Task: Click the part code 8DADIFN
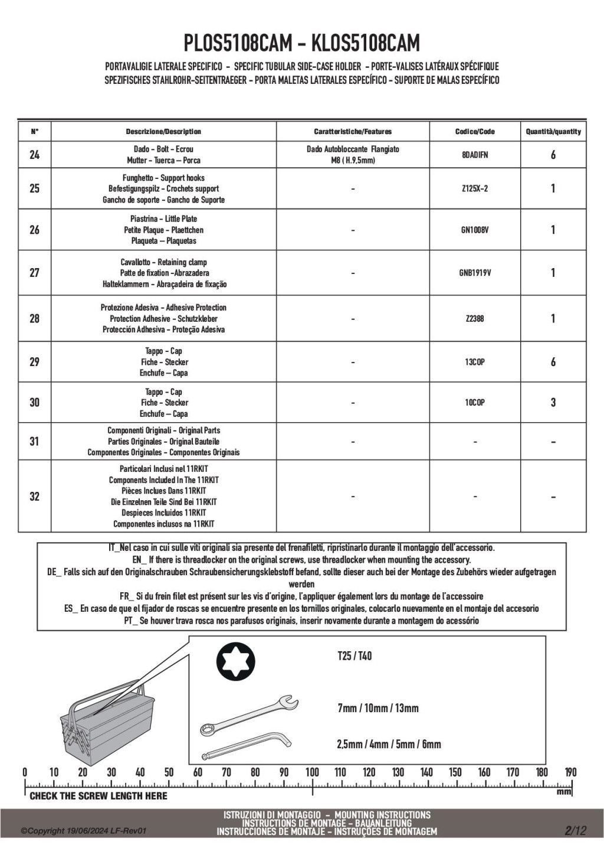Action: click(x=475, y=155)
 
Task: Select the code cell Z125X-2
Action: click(x=475, y=188)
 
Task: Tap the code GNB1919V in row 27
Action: click(x=475, y=273)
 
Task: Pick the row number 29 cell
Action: click(x=34, y=362)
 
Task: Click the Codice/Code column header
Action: click(x=475, y=132)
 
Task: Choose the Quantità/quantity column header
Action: click(x=553, y=132)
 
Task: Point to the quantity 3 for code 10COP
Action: click(x=553, y=403)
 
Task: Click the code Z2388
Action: click(x=475, y=319)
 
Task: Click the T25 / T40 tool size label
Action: click(x=354, y=656)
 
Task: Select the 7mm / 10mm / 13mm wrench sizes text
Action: click(x=378, y=708)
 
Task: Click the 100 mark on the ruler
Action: click(x=312, y=772)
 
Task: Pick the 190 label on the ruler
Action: click(x=570, y=772)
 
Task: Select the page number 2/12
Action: click(x=575, y=831)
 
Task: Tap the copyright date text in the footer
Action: click(x=83, y=831)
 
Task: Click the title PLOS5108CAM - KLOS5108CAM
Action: click(x=302, y=43)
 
